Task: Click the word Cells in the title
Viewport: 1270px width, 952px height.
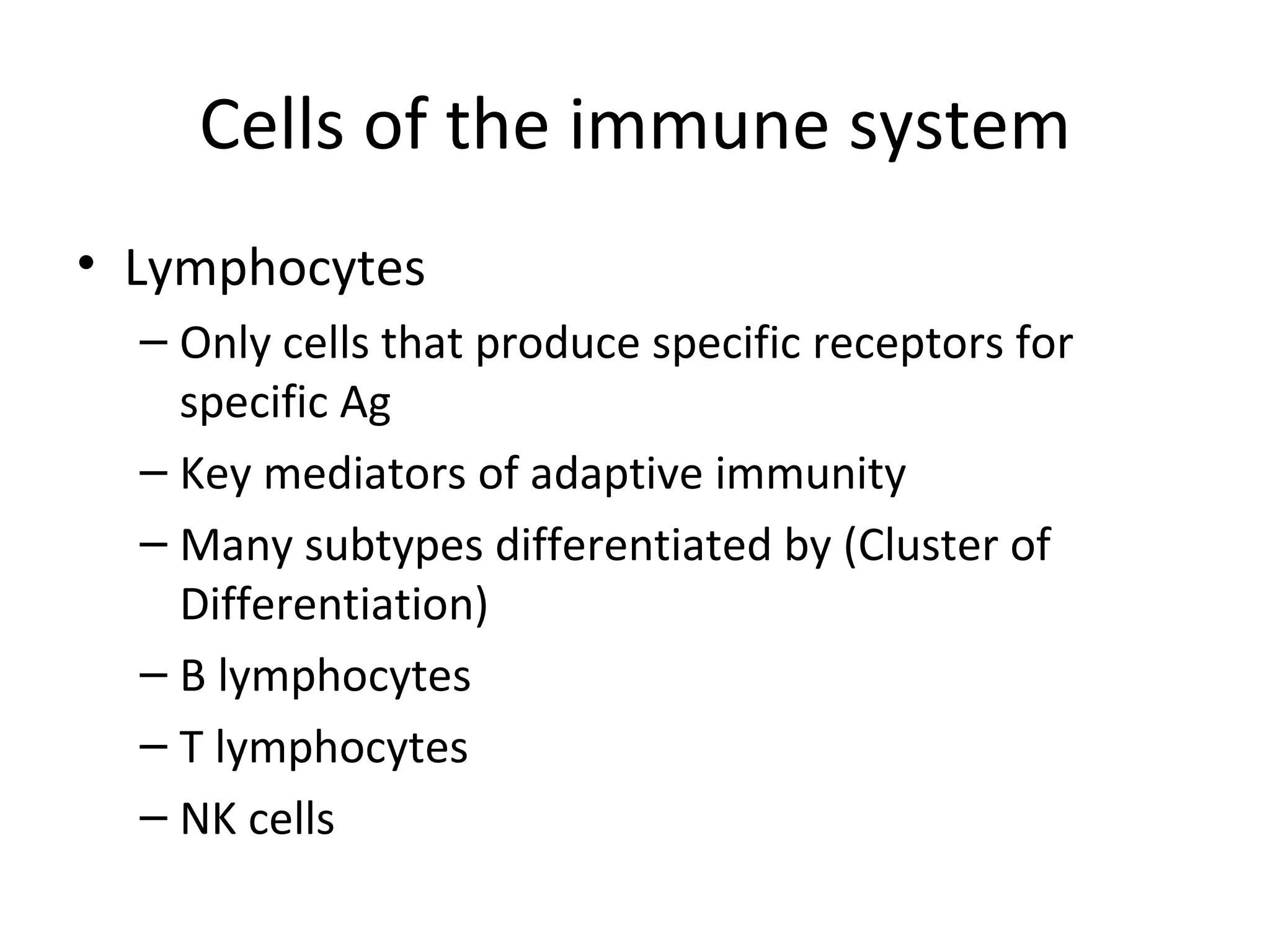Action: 272,126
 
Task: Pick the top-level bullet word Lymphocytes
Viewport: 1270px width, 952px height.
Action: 275,270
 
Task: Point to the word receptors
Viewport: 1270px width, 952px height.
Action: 907,345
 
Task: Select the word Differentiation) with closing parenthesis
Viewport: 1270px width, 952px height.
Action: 334,605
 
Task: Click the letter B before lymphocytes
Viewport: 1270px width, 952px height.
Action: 193,676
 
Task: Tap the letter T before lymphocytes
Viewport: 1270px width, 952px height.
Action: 191,747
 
